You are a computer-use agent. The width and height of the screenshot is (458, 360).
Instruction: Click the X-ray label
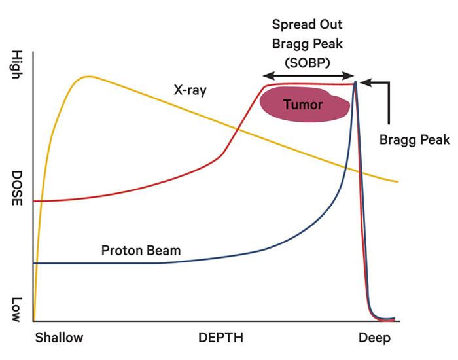(190, 90)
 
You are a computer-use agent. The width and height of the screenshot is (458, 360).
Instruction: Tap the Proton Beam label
(141, 251)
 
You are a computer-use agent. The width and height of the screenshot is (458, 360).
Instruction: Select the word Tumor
(303, 105)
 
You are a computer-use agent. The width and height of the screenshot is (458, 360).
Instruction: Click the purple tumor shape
(305, 104)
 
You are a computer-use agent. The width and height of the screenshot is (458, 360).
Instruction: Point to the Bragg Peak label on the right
(414, 140)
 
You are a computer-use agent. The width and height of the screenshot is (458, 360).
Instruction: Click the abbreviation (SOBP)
(308, 63)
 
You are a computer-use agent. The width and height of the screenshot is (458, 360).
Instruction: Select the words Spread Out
(307, 24)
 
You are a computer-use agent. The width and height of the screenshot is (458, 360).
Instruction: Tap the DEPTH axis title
(221, 338)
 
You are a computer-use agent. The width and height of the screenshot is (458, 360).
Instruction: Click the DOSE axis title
(16, 188)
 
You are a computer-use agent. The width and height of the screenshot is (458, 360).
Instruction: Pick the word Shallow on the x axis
(60, 338)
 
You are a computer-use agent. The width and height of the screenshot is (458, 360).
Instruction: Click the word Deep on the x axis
(374, 338)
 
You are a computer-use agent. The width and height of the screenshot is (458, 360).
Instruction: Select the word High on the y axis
(17, 64)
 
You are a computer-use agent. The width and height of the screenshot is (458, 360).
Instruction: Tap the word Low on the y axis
(16, 310)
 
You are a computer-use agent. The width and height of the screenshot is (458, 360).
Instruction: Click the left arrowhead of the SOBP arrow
(268, 76)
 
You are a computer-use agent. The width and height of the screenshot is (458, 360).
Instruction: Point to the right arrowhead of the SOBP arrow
(349, 76)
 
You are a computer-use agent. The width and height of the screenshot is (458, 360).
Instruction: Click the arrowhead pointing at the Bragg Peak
(365, 82)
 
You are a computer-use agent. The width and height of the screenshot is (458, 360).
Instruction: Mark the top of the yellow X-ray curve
(88, 77)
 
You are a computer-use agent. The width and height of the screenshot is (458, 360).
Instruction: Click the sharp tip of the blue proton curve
(355, 82)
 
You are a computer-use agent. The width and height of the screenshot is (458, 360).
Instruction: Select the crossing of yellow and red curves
(236, 128)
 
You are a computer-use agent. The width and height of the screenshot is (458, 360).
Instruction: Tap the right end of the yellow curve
(398, 181)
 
